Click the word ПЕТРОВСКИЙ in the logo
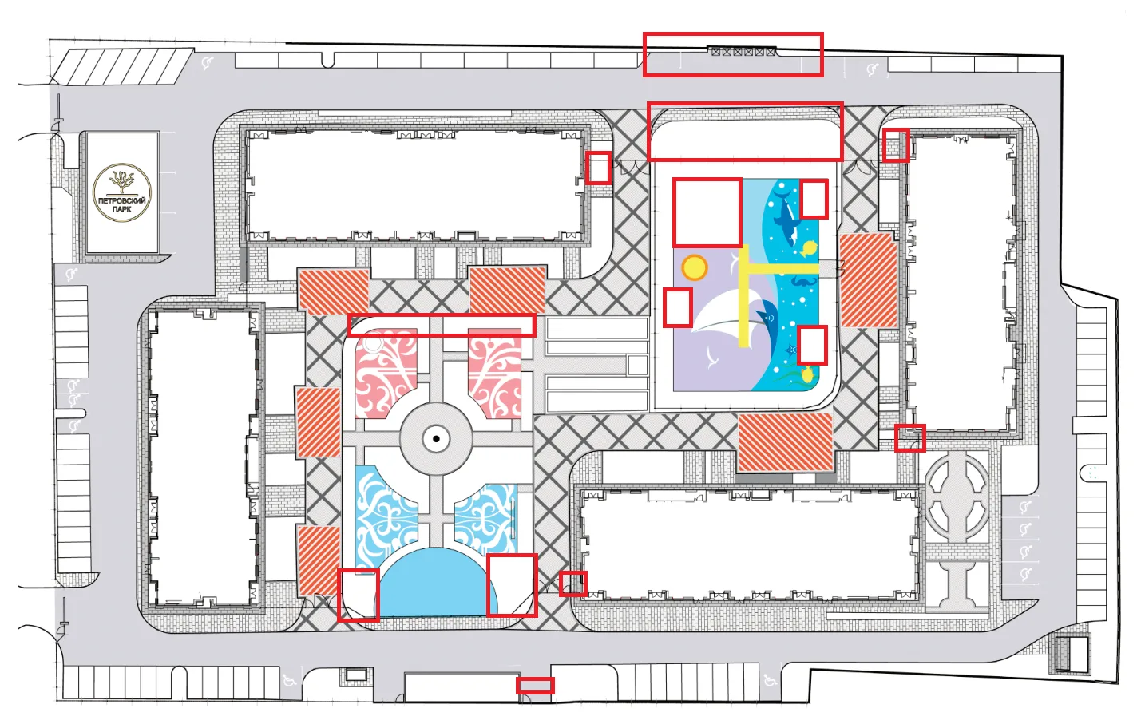pos(122,201)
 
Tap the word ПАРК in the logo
pos(122,209)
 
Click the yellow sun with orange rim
pos(694,267)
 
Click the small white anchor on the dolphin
pos(770,318)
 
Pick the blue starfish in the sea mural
pos(790,350)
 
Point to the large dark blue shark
pos(785,218)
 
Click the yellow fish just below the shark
pos(809,248)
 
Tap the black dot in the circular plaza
pos(436,439)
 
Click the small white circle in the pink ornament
pos(373,344)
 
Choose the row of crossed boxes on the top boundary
pos(743,51)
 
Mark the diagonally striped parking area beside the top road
pos(122,66)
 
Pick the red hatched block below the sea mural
pos(785,442)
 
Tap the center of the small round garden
pos(957,498)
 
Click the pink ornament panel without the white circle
pos(494,373)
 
